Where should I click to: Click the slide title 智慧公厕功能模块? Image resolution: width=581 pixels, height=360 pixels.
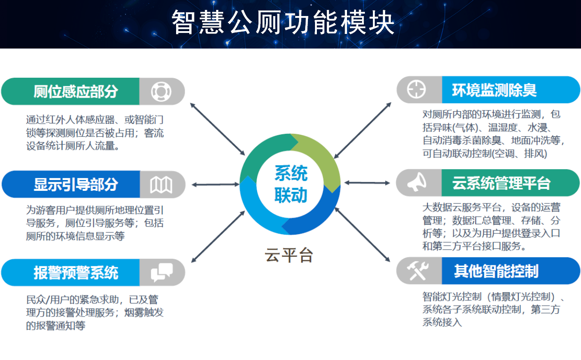(x=283, y=22)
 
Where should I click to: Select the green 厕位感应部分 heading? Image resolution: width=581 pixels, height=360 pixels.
(x=76, y=91)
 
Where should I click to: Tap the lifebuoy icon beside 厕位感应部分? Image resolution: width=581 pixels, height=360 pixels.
(x=161, y=91)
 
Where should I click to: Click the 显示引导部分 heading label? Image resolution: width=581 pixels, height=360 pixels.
(x=76, y=185)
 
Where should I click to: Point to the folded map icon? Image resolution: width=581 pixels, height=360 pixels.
(x=161, y=185)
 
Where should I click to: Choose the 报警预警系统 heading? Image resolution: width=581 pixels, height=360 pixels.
(x=76, y=272)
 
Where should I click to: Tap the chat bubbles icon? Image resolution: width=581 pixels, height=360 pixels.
(x=162, y=272)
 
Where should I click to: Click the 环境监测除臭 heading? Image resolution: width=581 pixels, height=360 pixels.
(x=494, y=90)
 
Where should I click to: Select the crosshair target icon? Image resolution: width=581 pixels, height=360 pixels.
(x=416, y=89)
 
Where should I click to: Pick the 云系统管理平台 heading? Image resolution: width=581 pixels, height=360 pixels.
(x=501, y=183)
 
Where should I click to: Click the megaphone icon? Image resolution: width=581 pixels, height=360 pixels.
(x=417, y=182)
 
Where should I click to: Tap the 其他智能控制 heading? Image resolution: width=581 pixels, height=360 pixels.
(x=496, y=271)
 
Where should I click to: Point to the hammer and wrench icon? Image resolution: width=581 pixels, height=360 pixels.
(x=418, y=271)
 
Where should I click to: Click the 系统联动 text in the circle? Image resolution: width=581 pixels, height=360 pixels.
(x=291, y=184)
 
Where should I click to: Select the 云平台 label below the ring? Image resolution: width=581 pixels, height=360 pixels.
(x=289, y=255)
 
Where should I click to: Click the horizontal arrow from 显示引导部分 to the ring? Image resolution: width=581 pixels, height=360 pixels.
(x=216, y=185)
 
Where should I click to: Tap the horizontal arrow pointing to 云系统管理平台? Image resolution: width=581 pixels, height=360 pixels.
(x=367, y=183)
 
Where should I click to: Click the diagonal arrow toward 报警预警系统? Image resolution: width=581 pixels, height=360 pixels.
(x=218, y=237)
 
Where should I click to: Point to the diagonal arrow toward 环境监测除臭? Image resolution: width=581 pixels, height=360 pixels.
(x=363, y=131)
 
